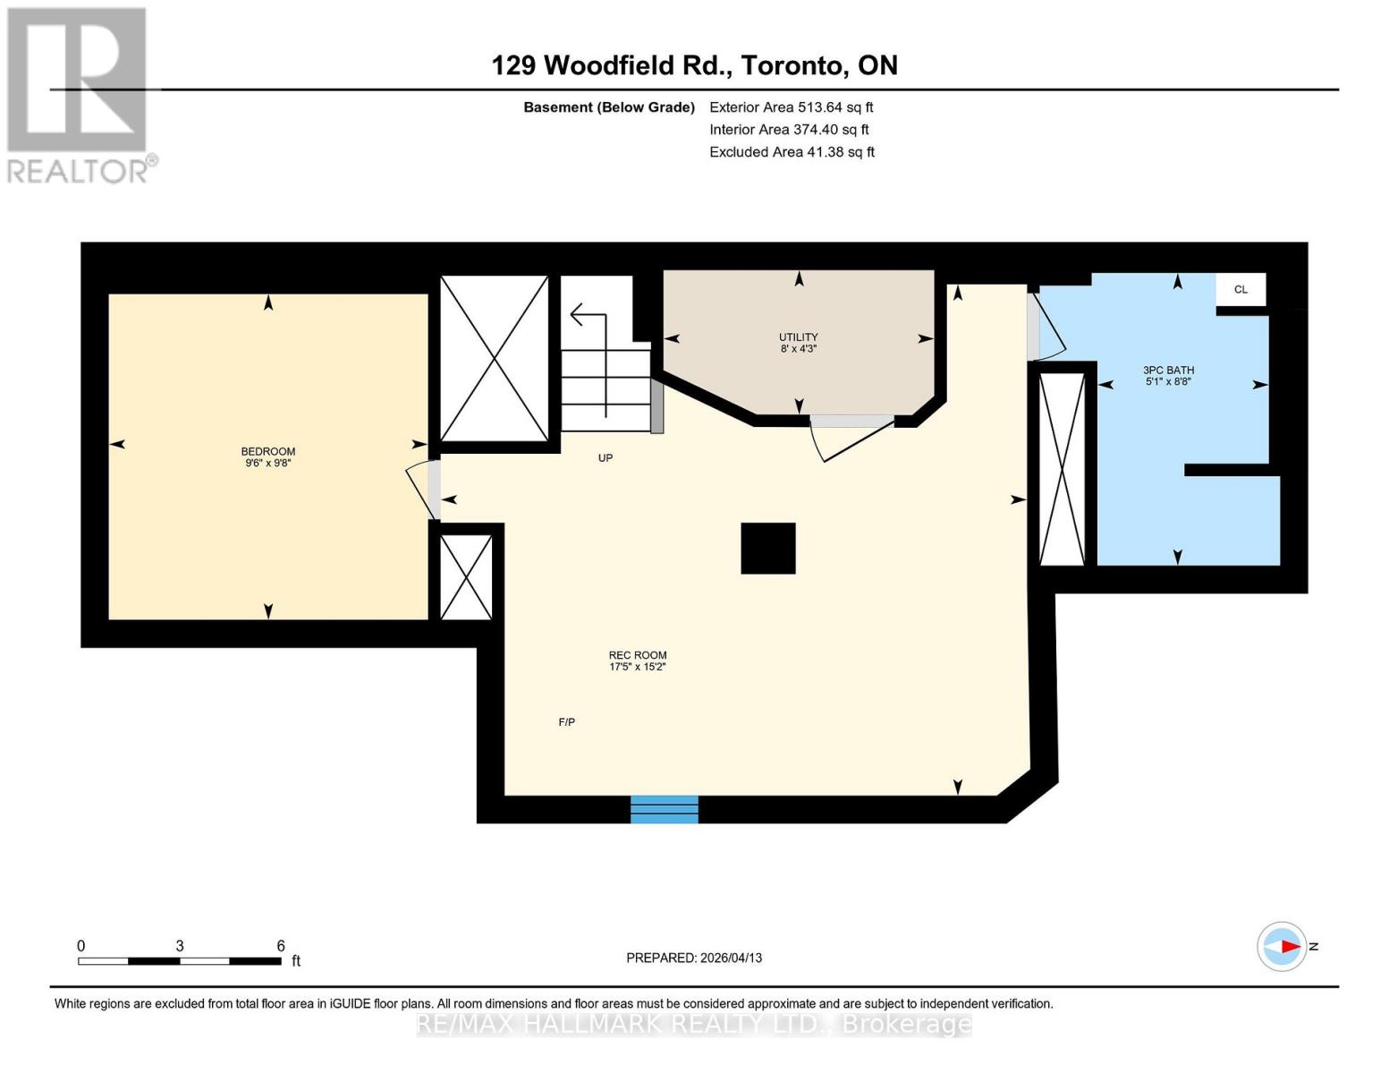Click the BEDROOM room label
point(267,451)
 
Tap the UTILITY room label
point(798,337)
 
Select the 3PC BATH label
point(1168,370)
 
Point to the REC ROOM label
point(637,655)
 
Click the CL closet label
point(1241,289)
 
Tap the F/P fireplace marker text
point(566,721)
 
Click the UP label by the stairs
point(606,457)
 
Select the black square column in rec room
point(767,548)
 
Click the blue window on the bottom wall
point(664,808)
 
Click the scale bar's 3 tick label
point(180,946)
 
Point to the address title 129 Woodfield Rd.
point(694,65)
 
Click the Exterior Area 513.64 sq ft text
point(791,107)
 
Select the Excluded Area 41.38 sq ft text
point(792,152)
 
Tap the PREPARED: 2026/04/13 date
point(694,958)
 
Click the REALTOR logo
point(79,94)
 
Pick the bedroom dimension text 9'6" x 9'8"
point(267,464)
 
